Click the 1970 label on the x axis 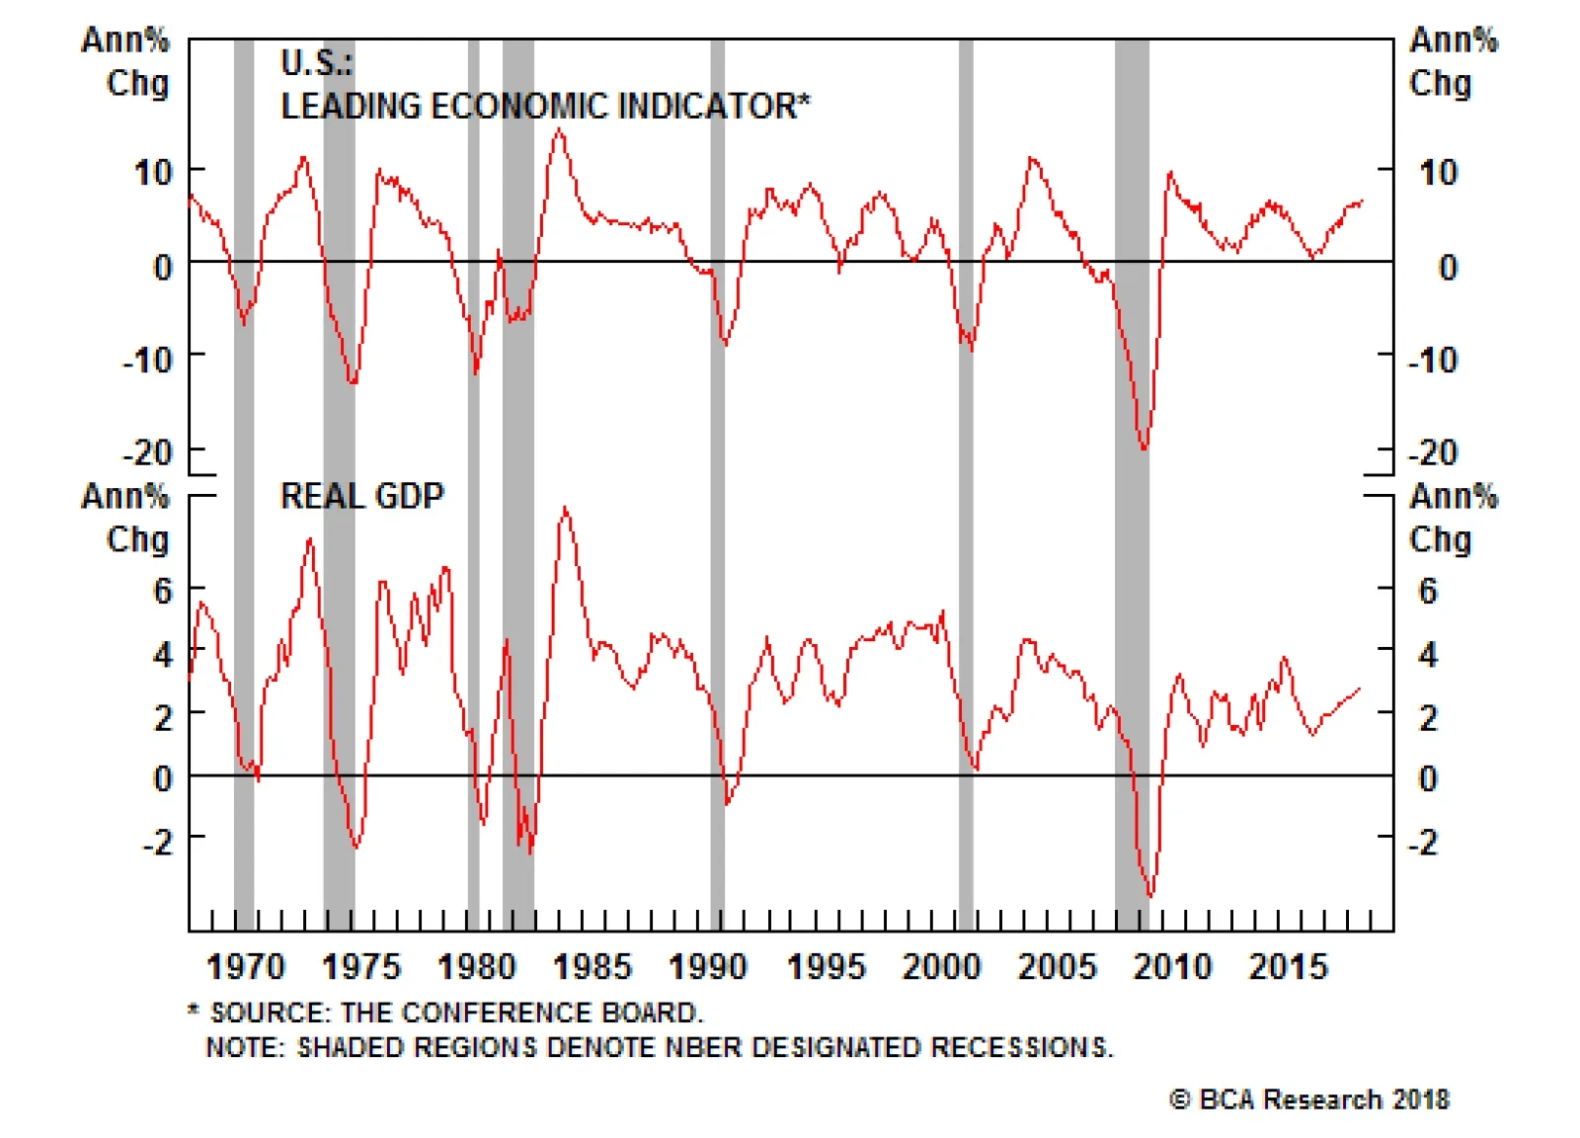coord(245,966)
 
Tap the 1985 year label coord(592,966)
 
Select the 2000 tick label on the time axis coord(940,966)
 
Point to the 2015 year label coord(1288,966)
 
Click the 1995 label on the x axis coord(825,966)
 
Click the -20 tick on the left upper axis coord(147,453)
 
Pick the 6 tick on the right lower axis coord(1427,591)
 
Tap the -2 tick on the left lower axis coord(158,842)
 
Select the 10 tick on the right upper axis coord(1438,173)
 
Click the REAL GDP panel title coord(362,496)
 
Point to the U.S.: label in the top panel coord(316,63)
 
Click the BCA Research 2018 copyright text coord(1309,1099)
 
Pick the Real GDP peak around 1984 coord(565,508)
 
